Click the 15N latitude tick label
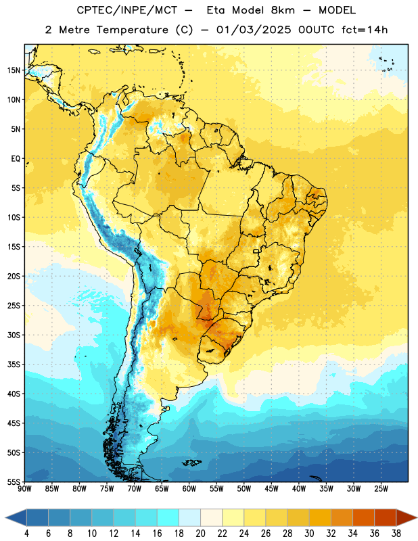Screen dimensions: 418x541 [14, 70]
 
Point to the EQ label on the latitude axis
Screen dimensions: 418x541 [16, 159]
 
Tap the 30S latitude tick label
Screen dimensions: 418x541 [14, 335]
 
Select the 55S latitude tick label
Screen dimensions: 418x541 [14, 482]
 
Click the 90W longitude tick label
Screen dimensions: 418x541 [24, 489]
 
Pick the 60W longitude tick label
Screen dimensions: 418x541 [189, 489]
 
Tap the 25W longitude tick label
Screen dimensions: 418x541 [381, 489]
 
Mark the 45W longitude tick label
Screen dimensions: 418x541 [271, 489]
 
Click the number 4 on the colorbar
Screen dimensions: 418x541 [26, 534]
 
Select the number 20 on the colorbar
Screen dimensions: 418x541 [200, 534]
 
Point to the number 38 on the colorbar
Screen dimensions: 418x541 [396, 534]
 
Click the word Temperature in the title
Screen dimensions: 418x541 [132, 30]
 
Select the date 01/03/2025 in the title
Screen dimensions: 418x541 [254, 30]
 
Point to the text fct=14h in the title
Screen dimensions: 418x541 [365, 30]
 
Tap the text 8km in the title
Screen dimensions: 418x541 [283, 10]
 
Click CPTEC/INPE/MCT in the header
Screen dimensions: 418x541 [127, 10]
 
